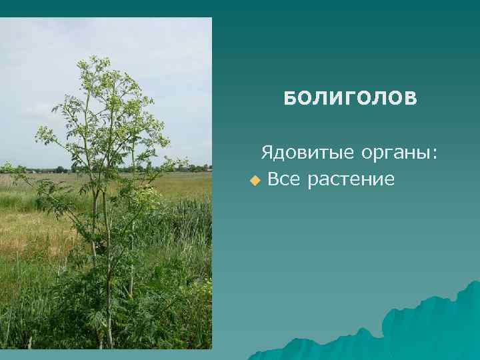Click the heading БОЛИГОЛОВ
[350, 99]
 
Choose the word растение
[352, 180]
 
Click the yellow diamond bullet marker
[253, 180]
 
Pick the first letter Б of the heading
[289, 99]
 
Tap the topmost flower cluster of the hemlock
[94, 63]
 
